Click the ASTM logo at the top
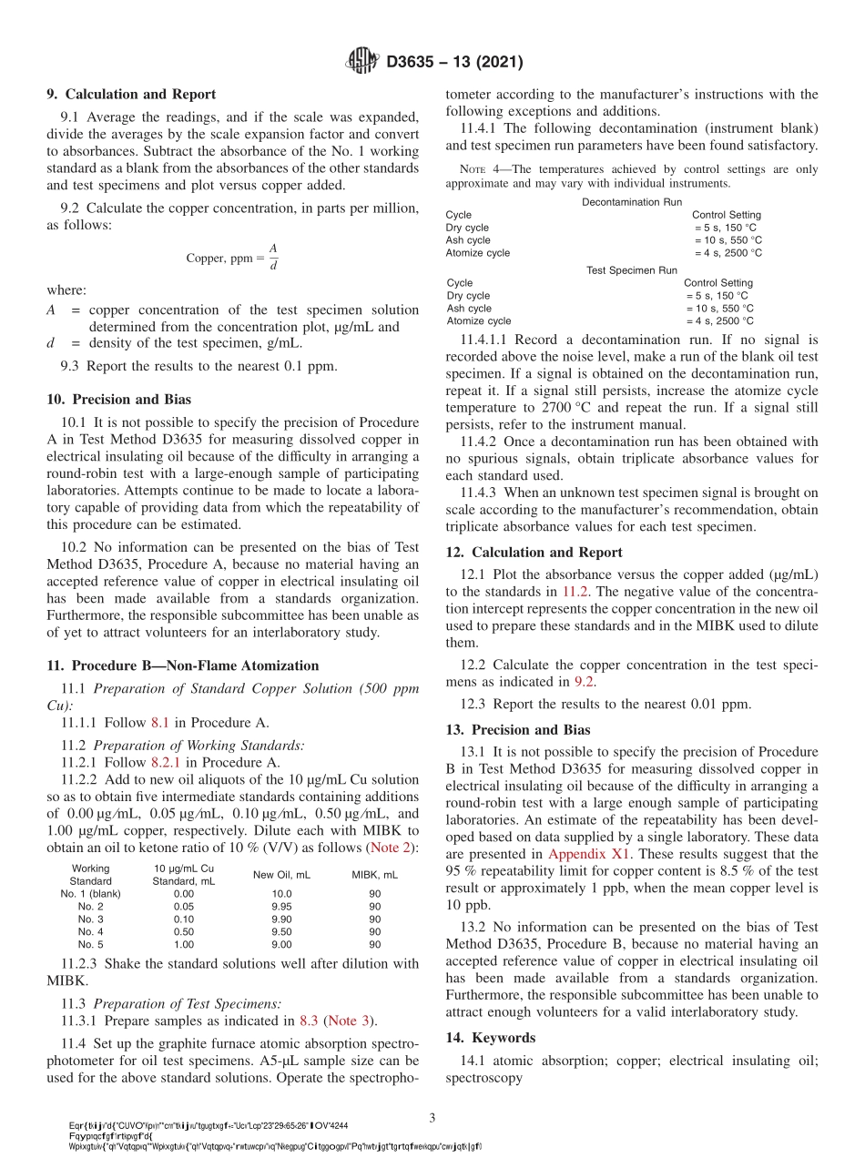pos(362,62)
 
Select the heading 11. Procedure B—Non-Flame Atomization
pos(182,665)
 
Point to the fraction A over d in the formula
pos(272,258)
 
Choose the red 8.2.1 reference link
pos(172,762)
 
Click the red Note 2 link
pos(391,848)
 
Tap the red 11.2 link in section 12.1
pos(575,591)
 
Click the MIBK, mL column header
pos(374,875)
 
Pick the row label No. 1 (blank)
pos(90,894)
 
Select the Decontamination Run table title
pos(632,202)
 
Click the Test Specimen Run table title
pos(632,270)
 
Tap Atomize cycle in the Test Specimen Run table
pos(479,321)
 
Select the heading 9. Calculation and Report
pos(131,94)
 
